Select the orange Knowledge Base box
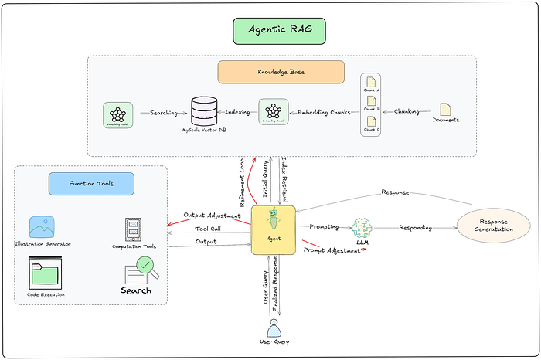[270, 71]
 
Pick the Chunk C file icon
[372, 123]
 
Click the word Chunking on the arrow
[408, 111]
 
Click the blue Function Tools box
[91, 183]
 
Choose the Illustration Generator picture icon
[42, 227]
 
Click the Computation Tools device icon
[133, 229]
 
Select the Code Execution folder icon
[44, 273]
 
